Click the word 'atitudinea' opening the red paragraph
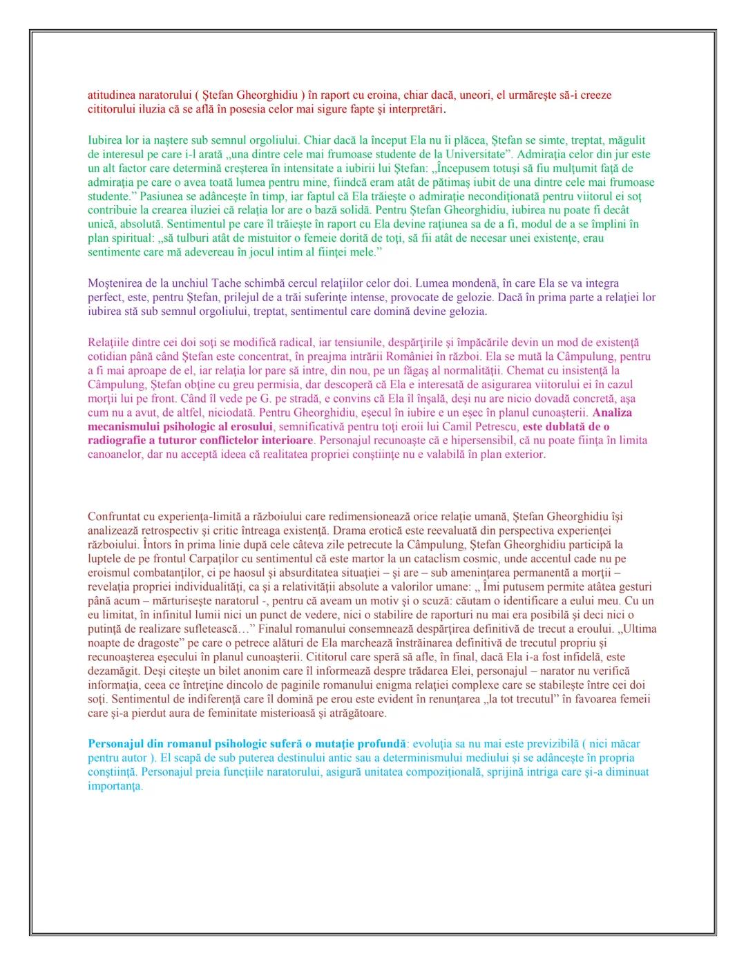click(x=112, y=95)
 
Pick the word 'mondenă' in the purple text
click(x=467, y=283)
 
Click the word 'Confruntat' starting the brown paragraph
click(x=115, y=517)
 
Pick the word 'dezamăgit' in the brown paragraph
click(x=113, y=671)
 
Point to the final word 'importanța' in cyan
click(x=115, y=786)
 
